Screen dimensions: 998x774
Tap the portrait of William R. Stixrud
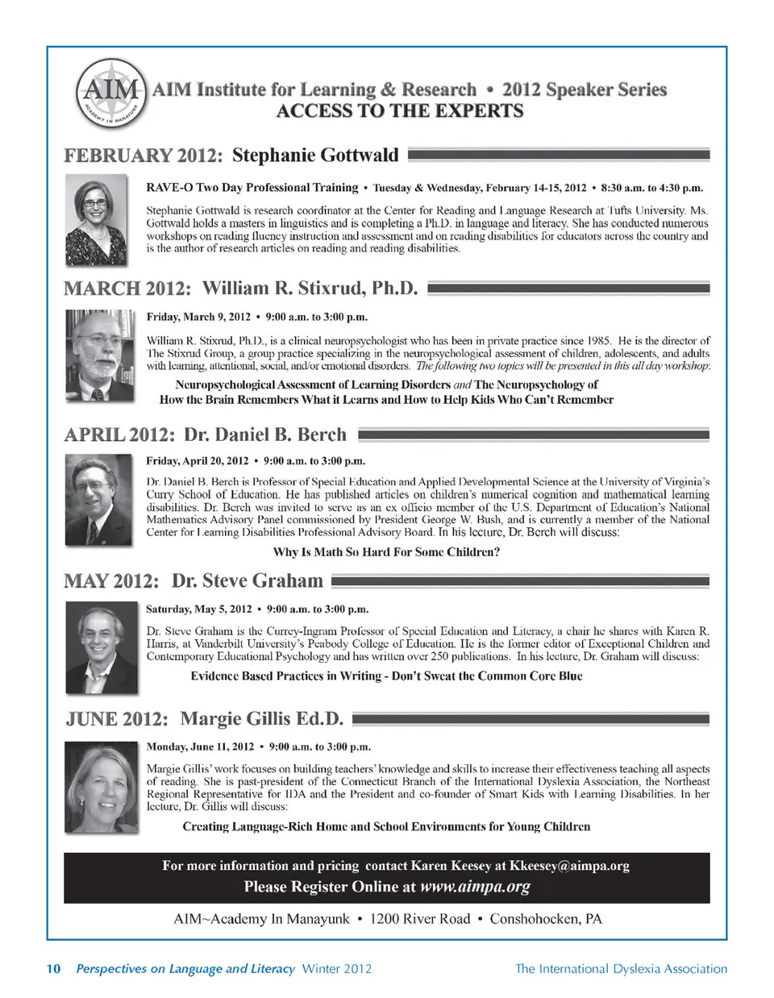click(x=99, y=355)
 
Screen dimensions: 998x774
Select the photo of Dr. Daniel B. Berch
click(x=98, y=500)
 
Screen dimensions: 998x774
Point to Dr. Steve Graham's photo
click(x=98, y=647)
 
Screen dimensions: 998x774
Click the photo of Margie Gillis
click(x=98, y=788)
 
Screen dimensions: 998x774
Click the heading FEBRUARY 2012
click(x=143, y=156)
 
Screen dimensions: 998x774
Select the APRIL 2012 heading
click(x=119, y=435)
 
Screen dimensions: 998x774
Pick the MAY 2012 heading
click(x=112, y=581)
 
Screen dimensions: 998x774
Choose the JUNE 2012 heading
click(x=117, y=719)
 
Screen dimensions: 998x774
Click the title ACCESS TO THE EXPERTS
click(x=399, y=111)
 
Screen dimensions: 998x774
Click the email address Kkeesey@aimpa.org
click(x=569, y=866)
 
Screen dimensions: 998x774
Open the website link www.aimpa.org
click(x=475, y=887)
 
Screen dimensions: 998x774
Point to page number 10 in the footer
click(x=53, y=969)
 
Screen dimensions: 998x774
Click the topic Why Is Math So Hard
click(x=386, y=552)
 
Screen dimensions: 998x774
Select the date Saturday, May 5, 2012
click(x=198, y=609)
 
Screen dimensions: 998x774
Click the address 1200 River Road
click(x=419, y=919)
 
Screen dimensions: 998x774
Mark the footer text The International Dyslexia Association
click(x=621, y=969)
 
